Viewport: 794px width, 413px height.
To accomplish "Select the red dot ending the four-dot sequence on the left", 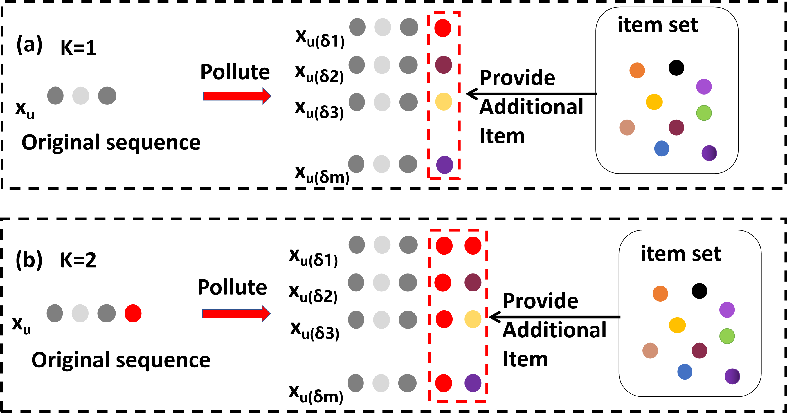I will click(133, 313).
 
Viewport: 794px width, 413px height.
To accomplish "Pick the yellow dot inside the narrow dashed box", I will click(444, 101).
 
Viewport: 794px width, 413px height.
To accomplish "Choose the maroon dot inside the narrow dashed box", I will click(444, 65).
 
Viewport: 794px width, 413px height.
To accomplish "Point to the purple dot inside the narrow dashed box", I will click(444, 165).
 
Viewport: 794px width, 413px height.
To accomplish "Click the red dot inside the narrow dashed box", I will click(443, 28).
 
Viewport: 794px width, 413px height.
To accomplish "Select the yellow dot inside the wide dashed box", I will click(473, 319).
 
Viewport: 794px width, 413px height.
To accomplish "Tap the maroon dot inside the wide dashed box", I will click(473, 282).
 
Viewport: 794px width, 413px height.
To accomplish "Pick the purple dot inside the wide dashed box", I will click(473, 383).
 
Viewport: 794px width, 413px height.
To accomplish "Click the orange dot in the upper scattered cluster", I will click(637, 70).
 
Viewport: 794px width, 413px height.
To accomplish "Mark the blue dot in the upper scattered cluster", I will click(661, 149).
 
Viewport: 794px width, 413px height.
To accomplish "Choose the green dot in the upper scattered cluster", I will click(704, 113).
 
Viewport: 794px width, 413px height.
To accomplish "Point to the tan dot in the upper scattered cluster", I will click(627, 127).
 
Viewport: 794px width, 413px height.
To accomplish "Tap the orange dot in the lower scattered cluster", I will click(660, 293).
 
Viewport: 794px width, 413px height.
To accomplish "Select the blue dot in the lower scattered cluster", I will click(685, 372).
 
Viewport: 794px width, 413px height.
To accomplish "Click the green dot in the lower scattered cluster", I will click(727, 336).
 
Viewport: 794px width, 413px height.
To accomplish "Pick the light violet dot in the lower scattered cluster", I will click(727, 310).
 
